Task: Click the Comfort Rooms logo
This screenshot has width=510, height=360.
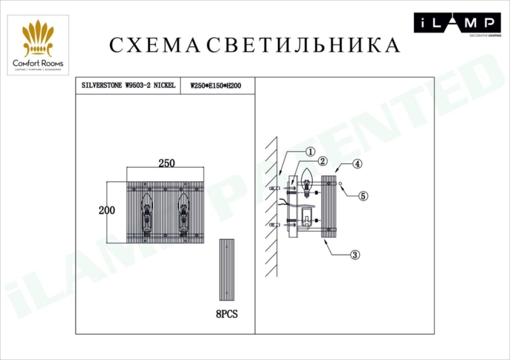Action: coord(38,45)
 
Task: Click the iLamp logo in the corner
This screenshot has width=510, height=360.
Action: coord(457,24)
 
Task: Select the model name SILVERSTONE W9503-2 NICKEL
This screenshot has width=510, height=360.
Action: coord(128,86)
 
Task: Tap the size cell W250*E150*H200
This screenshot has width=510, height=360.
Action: coord(216,86)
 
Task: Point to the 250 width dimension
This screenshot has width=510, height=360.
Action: coord(166,163)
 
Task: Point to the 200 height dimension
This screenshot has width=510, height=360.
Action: coord(107,210)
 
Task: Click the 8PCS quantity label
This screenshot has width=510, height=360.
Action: coord(227,315)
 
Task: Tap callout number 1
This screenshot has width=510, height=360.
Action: coord(309,152)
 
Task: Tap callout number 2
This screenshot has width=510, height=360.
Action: coord(323,161)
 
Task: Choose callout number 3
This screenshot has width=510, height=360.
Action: coord(355,255)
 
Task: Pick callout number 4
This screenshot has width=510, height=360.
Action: coord(357,164)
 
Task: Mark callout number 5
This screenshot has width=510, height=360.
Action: coord(363,196)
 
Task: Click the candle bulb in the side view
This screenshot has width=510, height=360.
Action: coord(306,181)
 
